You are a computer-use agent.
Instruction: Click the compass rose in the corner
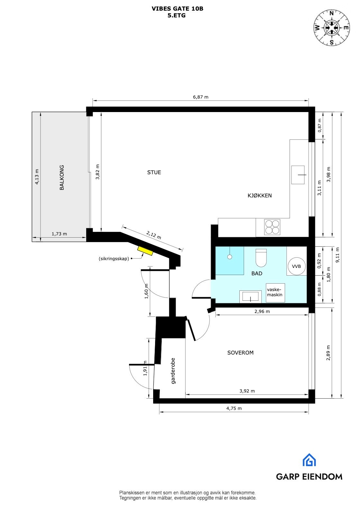332,28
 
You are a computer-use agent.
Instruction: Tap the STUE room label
154,172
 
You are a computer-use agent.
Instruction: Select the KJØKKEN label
260,195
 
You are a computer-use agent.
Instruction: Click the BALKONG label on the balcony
62,177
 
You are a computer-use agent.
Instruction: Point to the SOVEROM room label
240,353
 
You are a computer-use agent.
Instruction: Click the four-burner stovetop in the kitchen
272,227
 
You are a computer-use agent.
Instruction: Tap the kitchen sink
298,175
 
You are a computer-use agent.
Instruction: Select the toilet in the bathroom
261,258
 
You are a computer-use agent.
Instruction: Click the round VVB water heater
296,266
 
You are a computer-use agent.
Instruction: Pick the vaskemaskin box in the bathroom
275,293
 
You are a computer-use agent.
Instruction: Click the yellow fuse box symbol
145,251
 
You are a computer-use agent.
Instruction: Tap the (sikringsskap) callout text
114,259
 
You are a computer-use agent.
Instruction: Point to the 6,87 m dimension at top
201,97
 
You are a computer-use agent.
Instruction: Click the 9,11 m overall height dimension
337,255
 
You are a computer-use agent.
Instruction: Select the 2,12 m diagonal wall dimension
153,235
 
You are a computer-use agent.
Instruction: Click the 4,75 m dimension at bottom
234,408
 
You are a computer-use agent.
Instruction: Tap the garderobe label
173,371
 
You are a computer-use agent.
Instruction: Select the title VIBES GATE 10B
177,9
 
